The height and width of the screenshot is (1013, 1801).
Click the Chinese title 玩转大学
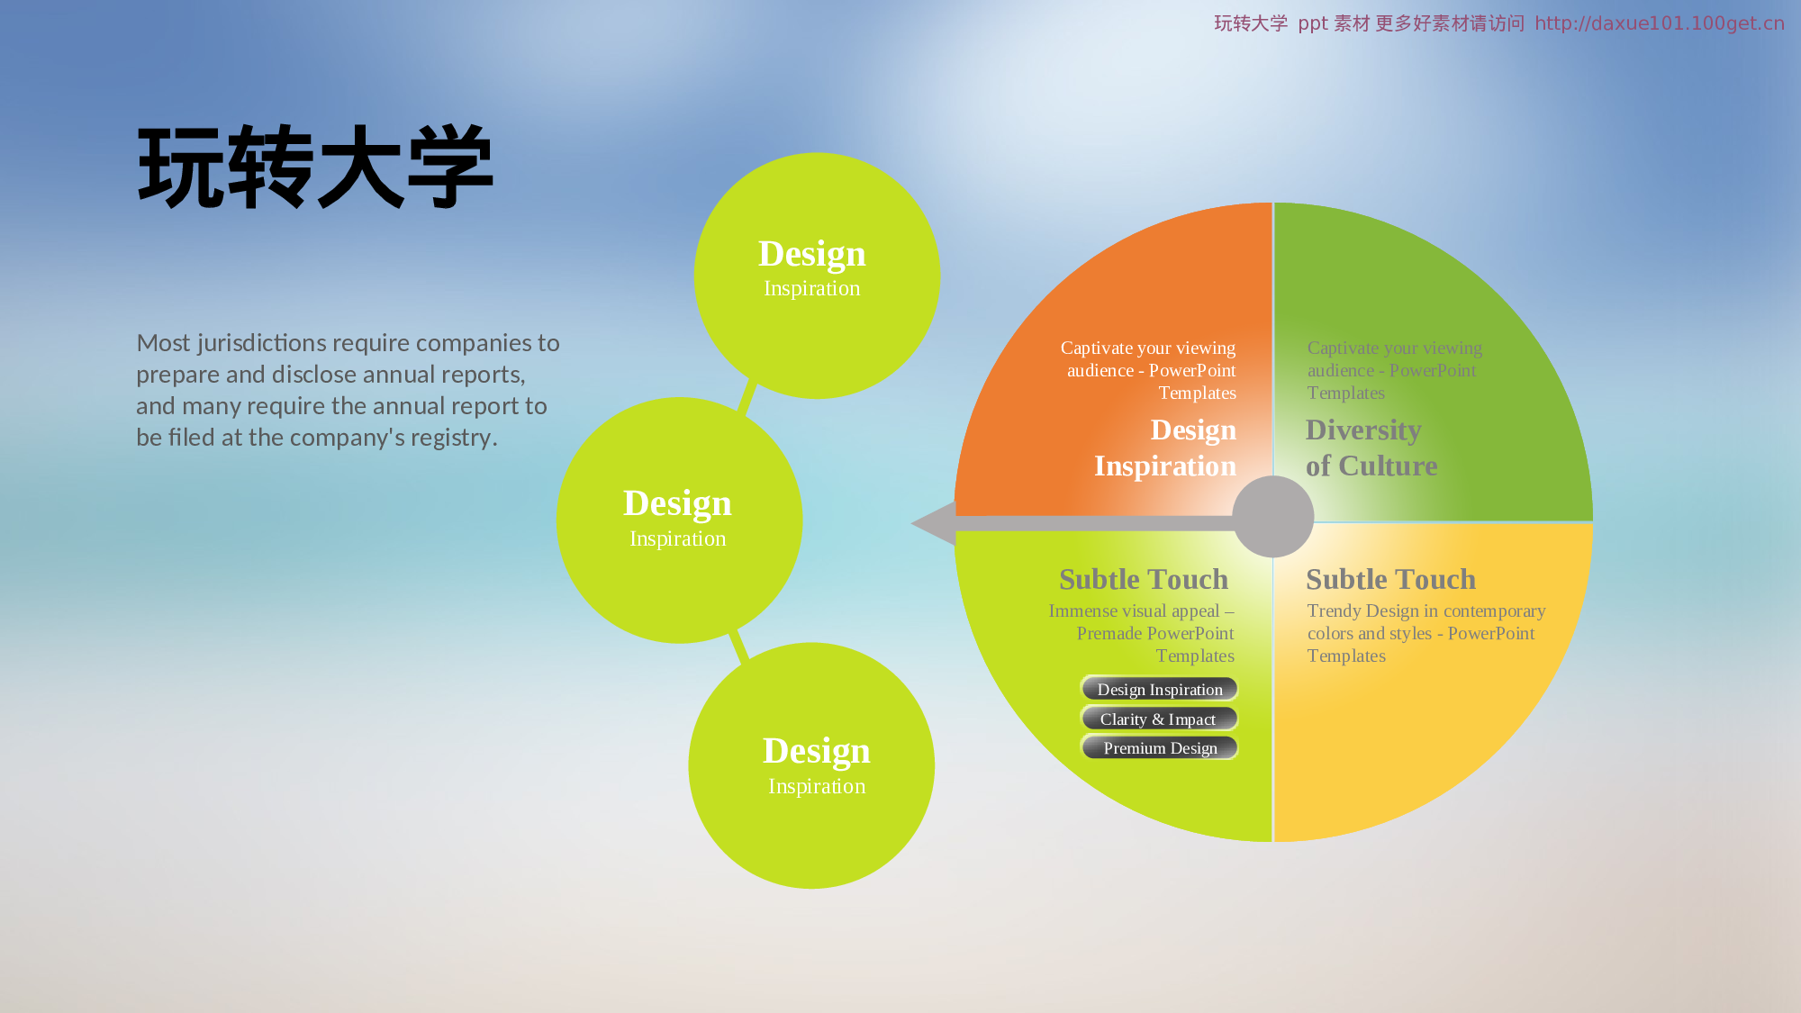(x=315, y=167)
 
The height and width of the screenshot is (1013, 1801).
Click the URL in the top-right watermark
(x=1660, y=23)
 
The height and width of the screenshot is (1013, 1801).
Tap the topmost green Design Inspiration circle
(x=817, y=276)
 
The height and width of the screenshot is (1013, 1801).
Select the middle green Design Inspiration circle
(x=679, y=520)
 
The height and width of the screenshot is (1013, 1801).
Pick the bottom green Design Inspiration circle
(x=811, y=765)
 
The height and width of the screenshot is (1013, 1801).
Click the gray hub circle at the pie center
(x=1273, y=517)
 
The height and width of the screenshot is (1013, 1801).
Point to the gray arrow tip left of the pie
(x=911, y=523)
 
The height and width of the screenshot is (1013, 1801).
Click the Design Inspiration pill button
(x=1160, y=689)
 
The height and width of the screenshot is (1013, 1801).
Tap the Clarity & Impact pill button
(x=1160, y=719)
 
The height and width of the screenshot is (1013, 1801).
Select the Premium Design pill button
(x=1160, y=747)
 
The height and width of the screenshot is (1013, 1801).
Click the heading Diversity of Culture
(x=1371, y=448)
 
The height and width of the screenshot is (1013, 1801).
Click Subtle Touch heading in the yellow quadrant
(x=1390, y=579)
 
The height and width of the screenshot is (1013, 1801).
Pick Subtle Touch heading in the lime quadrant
(x=1144, y=579)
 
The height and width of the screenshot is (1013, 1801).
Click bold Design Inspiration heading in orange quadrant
(x=1165, y=448)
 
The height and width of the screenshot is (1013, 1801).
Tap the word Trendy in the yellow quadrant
(x=1334, y=611)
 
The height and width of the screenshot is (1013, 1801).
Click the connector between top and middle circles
(x=747, y=396)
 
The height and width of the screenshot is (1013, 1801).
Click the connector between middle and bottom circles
(x=738, y=646)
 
